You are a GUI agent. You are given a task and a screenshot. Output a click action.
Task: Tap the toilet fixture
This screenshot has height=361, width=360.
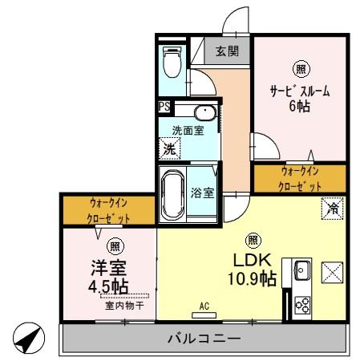(170, 59)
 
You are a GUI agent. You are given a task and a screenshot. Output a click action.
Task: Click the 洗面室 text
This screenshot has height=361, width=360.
(186, 129)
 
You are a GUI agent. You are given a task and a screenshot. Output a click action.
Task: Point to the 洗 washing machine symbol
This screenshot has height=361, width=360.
(170, 148)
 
